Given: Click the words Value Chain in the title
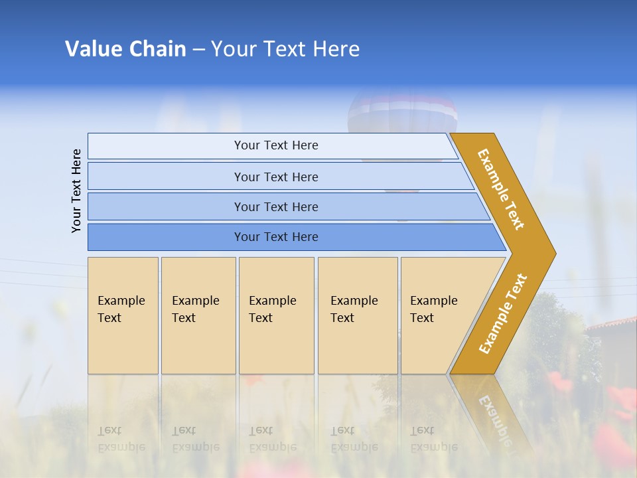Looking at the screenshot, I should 125,49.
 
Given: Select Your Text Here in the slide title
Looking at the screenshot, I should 285,49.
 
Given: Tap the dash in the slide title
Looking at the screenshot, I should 198,50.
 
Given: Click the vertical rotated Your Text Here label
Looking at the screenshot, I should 76,191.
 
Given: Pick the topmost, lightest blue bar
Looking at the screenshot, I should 276,145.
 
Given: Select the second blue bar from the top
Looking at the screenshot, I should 276,177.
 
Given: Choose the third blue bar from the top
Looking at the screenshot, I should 276,206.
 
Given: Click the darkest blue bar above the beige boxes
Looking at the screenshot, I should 276,237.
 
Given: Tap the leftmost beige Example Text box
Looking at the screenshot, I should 123,315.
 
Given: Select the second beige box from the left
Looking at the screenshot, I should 198,315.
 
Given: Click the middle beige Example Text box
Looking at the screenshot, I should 276,315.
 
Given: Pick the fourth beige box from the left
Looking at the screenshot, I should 358,315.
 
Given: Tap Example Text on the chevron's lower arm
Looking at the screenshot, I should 503,313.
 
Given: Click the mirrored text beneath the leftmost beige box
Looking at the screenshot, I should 121,439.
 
